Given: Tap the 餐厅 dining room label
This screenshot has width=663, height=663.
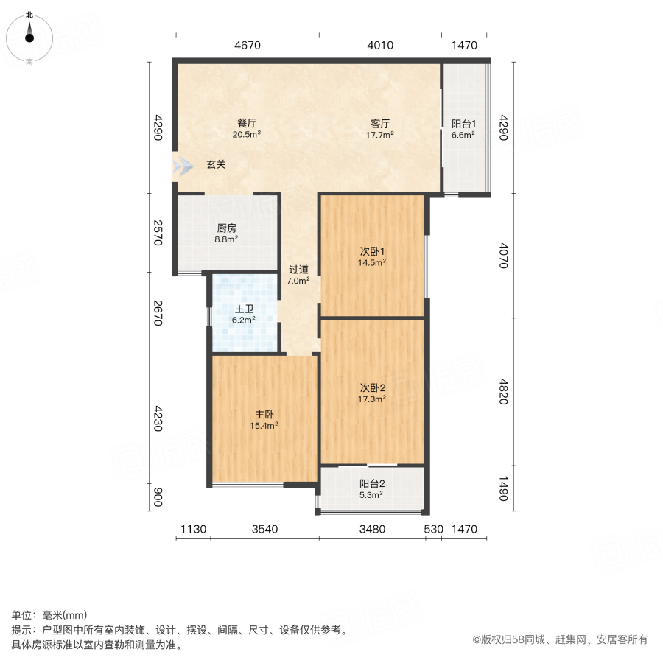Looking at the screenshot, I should tap(247, 123).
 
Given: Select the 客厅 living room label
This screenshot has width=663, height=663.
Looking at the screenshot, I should tap(380, 123).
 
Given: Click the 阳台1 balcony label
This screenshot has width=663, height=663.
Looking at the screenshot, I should tap(463, 124).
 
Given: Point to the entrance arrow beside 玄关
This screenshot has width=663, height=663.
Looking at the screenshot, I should tap(180, 165).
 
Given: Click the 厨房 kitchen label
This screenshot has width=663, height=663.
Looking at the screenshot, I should tap(226, 228).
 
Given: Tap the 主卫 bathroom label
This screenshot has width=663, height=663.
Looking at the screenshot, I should tap(244, 309).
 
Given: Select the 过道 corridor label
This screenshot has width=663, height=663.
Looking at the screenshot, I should tap(298, 269).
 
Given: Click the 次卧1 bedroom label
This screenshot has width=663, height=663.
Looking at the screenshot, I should tap(372, 249).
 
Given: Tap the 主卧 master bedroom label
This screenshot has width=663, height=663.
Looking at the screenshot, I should tap(265, 414).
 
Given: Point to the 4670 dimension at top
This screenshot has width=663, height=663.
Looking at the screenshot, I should tap(248, 46).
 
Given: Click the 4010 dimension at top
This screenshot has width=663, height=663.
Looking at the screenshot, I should tap(380, 46).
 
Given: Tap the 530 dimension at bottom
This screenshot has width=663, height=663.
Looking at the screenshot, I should tap(434, 529).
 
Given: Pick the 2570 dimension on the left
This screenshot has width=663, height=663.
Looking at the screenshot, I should tap(157, 233).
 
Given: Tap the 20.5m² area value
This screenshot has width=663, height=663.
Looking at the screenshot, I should tap(247, 135).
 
